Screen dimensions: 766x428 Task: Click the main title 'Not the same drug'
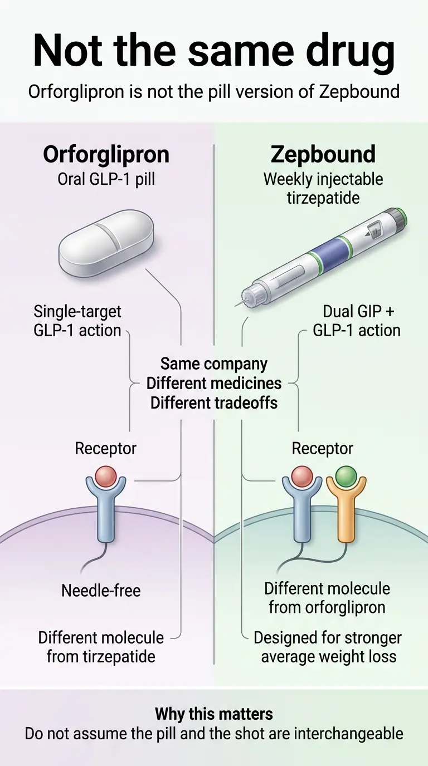[214, 50]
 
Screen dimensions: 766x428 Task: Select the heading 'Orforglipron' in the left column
[106, 154]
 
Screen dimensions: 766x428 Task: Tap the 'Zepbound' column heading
[323, 154]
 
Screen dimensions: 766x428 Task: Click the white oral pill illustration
[106, 243]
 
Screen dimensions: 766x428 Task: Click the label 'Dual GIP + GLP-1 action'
[357, 321]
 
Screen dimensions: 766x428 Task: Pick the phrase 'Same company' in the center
[214, 364]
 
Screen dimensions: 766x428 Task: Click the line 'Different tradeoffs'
[214, 402]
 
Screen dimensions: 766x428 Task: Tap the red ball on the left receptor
[106, 477]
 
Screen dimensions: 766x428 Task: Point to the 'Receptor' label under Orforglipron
[105, 448]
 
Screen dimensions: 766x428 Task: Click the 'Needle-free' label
[101, 590]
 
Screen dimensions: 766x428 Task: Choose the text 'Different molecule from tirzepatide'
[101, 647]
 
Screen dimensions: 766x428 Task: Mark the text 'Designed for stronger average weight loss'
[328, 647]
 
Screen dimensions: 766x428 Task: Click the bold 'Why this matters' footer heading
[214, 714]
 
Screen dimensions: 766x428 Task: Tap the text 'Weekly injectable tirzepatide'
[323, 189]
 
